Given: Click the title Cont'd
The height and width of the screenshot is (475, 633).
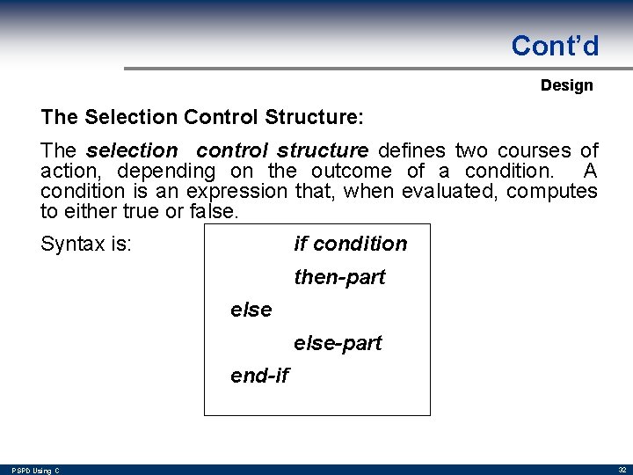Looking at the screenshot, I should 555,46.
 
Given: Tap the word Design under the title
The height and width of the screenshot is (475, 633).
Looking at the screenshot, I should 566,85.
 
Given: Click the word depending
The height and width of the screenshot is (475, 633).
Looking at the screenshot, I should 166,171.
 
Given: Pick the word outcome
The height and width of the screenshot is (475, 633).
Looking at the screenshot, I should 352,171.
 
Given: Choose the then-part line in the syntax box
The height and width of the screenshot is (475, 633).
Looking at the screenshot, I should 339,277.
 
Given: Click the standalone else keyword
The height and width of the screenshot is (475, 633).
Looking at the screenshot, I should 251,310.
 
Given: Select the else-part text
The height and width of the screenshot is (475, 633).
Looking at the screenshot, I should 338,343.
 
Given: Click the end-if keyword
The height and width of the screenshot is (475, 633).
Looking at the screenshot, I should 258,376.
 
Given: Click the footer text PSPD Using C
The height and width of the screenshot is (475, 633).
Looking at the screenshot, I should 36,471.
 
